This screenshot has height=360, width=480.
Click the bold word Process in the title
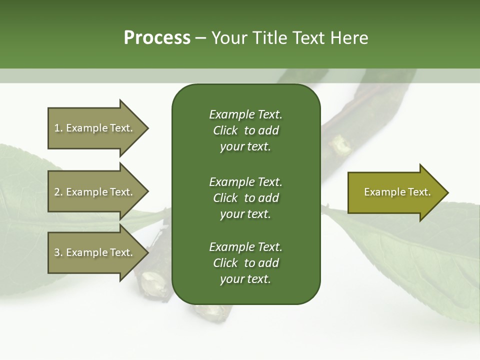coord(157,38)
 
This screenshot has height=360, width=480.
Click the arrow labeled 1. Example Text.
coord(95,128)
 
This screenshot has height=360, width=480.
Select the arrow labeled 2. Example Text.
coord(95,192)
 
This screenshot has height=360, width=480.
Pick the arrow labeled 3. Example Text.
coord(95,252)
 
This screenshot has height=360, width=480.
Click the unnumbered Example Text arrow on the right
coord(395,192)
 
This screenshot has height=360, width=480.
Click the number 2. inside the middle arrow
coord(58,192)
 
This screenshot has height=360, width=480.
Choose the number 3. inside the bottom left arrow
coord(58,252)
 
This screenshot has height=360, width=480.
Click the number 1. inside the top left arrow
coord(58,128)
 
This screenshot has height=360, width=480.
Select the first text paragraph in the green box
coord(245,130)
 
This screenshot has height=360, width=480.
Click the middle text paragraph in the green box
coord(245,198)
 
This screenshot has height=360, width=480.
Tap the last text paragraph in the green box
coord(245,263)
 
